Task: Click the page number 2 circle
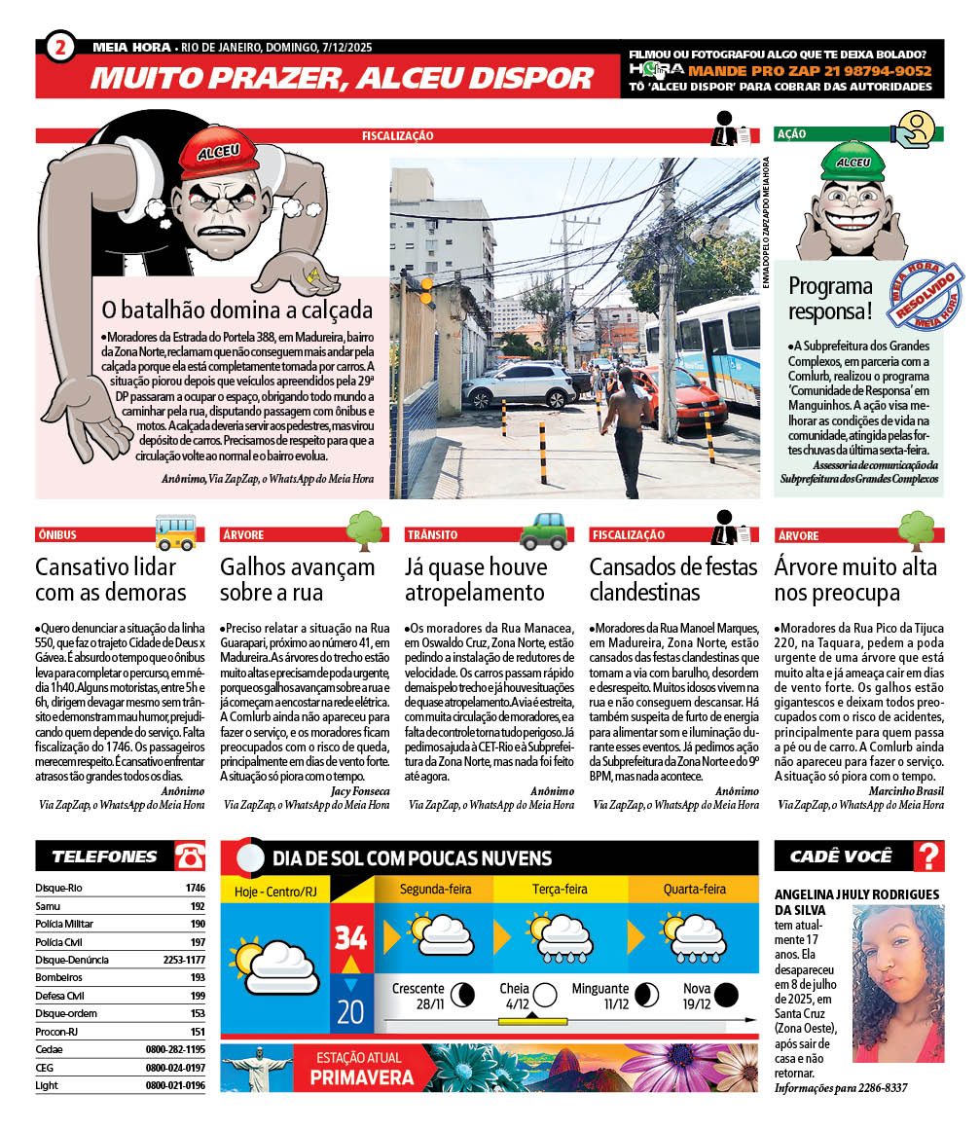tap(59, 47)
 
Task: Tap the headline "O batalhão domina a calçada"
tap(237, 310)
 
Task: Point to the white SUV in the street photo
tap(519, 384)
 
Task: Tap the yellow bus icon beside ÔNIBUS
tap(175, 531)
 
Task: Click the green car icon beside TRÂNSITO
tap(543, 531)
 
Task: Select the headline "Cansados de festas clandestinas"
tap(659, 579)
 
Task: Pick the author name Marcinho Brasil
tap(905, 791)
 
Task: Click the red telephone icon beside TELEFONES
tap(190, 857)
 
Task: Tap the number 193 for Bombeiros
tap(197, 977)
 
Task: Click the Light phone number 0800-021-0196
tap(175, 1085)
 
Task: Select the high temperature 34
tap(350, 937)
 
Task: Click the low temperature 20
tap(350, 1011)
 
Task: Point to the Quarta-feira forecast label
tap(695, 889)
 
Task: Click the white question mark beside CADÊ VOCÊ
tap(929, 857)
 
